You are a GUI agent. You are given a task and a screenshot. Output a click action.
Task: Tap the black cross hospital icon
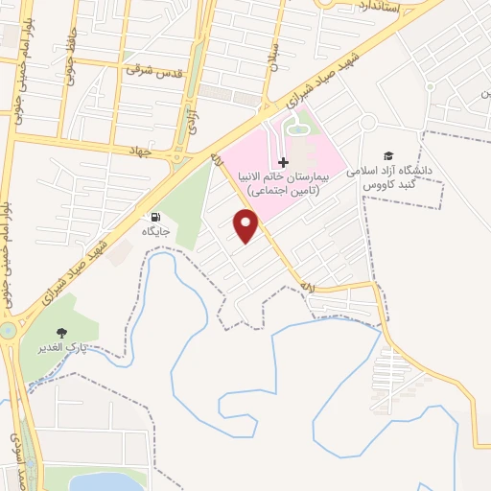[x=283, y=163]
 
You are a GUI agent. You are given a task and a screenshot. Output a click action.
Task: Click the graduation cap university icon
[x=387, y=156]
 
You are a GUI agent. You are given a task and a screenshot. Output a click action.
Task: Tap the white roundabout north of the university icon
[x=368, y=123]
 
